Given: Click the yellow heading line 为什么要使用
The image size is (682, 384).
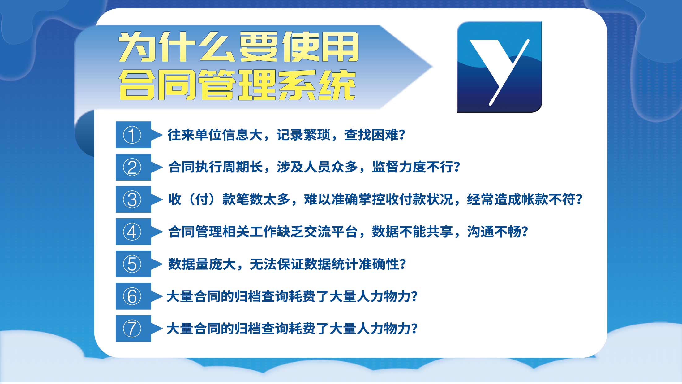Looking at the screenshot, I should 238,47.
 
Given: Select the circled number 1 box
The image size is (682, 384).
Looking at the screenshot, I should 133,135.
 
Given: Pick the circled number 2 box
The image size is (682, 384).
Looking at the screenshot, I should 133,167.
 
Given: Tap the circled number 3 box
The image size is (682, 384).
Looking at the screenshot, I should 133,199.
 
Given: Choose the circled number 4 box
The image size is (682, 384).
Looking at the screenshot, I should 133,232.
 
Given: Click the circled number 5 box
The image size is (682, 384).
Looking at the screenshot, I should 133,264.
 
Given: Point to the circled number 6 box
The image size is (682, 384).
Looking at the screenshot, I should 133,296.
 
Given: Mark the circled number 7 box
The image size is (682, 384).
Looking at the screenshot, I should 133,328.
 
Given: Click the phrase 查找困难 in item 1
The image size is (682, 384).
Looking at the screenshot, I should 371,135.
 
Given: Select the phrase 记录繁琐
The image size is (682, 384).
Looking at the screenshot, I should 303,135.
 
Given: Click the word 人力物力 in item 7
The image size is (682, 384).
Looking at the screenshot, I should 384,329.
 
